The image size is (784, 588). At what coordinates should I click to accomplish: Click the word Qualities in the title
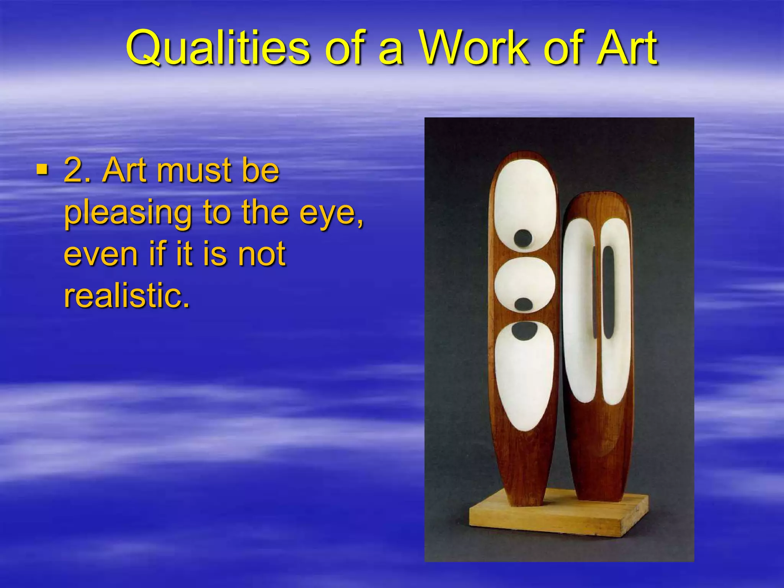218,49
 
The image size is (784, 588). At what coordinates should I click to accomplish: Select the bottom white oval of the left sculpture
523,379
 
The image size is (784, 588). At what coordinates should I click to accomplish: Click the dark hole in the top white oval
523,238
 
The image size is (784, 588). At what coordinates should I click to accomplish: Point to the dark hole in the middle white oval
523,304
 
